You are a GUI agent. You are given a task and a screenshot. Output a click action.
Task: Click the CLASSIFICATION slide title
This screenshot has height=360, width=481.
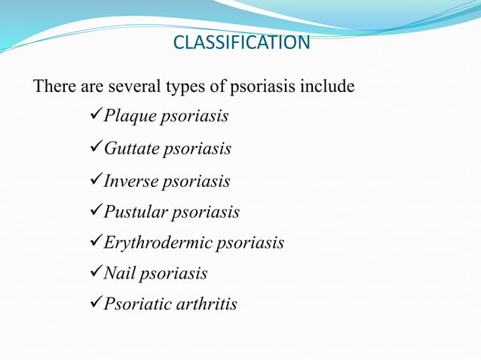tap(241, 42)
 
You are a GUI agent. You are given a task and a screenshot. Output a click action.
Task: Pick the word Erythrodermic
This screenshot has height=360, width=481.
tap(157, 243)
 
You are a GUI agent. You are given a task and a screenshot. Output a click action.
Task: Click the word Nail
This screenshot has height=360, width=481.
tap(118, 273)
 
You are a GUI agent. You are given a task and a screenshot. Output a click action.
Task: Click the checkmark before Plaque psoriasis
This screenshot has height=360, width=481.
tap(95, 117)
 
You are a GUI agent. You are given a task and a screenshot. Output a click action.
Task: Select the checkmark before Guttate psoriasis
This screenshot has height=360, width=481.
tap(95, 148)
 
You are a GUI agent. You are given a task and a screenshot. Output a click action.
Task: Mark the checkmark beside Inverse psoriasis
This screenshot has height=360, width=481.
tap(95, 181)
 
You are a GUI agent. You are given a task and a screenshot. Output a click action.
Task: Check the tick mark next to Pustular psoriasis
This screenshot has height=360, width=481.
tap(95, 212)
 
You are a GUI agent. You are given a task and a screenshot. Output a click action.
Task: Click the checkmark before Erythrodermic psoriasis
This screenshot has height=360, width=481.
tap(95, 243)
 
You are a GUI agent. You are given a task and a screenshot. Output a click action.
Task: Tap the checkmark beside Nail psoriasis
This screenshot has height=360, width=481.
tap(95, 273)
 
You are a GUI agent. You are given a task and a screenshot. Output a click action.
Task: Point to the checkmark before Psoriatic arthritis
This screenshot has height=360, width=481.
tap(95, 304)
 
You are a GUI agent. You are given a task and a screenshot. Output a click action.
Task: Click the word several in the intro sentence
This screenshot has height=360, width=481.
tap(134, 87)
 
